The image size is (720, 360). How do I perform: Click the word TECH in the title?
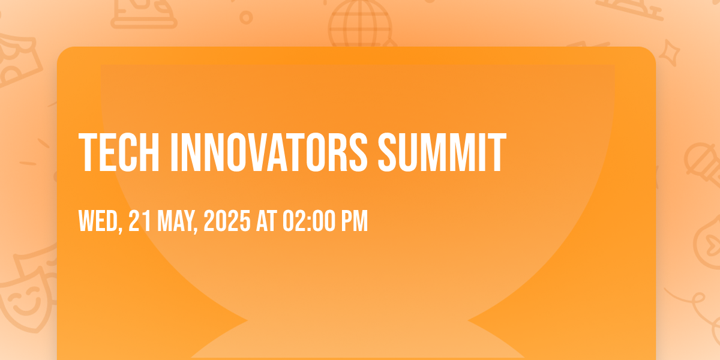click(x=119, y=152)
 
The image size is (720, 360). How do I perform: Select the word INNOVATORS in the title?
click(x=269, y=152)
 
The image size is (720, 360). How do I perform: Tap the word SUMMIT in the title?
click(x=442, y=152)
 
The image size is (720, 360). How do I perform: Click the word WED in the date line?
click(x=98, y=221)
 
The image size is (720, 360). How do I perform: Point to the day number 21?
click(x=139, y=221)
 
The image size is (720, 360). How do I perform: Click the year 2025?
click(x=227, y=221)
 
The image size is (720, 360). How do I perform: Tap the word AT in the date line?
click(x=266, y=221)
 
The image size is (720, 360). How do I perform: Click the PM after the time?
click(x=354, y=221)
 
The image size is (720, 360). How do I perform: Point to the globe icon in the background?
click(x=360, y=24)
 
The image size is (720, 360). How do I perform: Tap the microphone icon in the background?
click(x=703, y=164)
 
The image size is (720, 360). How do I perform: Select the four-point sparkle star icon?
click(x=670, y=53)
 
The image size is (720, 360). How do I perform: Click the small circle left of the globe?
click(x=246, y=17)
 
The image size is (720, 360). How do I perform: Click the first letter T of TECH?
click(x=88, y=152)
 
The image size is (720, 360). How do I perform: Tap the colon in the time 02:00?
click(x=309, y=222)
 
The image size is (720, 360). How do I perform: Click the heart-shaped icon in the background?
click(x=709, y=244)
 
